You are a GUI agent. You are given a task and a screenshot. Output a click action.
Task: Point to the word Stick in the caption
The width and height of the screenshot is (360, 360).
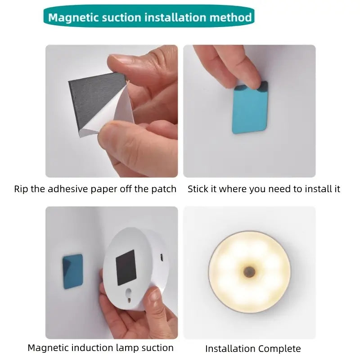198,189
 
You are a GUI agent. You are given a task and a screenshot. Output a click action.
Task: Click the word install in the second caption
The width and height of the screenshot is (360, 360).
317,189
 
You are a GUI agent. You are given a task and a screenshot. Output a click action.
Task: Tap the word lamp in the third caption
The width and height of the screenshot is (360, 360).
127,348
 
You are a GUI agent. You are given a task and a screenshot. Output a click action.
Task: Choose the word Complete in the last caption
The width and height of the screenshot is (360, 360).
279,349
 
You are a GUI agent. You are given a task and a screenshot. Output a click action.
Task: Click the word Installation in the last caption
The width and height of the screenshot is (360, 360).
230,349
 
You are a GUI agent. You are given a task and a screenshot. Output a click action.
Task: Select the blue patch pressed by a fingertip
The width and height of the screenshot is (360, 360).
250,108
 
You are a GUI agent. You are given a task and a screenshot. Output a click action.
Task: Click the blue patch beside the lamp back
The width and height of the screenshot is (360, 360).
72,271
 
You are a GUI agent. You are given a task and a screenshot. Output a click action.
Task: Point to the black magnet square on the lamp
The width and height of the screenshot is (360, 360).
126,267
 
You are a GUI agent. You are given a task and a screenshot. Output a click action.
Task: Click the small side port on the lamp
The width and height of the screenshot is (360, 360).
162,257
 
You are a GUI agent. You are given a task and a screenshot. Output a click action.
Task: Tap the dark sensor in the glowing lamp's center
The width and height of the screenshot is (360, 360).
249,272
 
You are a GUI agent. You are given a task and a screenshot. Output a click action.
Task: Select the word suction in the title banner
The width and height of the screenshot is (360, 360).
121,18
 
